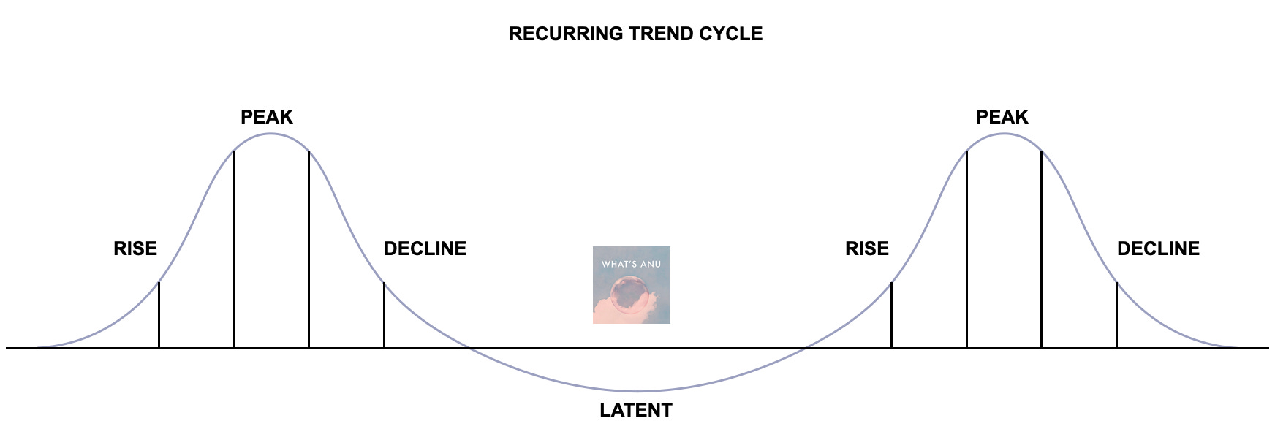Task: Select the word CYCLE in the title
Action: point(731,34)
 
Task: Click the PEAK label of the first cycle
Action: point(267,117)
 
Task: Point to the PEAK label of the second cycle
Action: point(1002,117)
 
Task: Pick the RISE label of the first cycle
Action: point(135,249)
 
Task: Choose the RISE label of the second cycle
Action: point(867,249)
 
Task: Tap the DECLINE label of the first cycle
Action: point(425,249)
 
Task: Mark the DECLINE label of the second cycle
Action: point(1158,249)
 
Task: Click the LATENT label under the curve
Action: point(635,410)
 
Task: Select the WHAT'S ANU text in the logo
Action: point(631,264)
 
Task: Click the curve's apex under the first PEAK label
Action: point(270,134)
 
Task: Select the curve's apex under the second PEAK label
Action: point(1005,134)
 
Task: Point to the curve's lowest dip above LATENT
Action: point(636,392)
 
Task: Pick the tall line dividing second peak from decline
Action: point(1041,249)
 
